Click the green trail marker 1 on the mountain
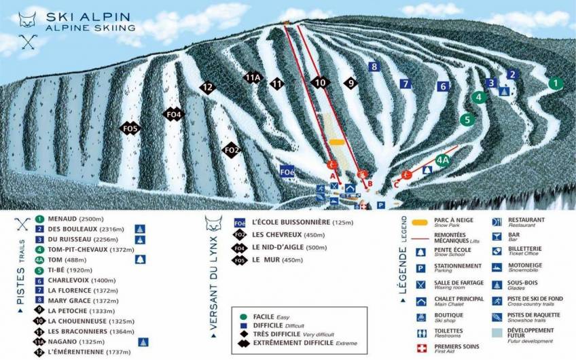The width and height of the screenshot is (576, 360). (556, 84)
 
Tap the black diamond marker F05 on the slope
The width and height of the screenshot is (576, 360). (130, 128)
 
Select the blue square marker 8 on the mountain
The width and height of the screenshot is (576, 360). (373, 67)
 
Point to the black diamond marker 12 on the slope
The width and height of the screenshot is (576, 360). (208, 88)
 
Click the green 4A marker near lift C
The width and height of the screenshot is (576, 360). (443, 160)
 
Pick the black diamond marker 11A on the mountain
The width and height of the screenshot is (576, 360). (253, 77)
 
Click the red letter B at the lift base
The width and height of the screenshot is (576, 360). (370, 183)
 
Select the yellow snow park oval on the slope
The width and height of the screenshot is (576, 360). (338, 142)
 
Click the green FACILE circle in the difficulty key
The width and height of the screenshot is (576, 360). (242, 316)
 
